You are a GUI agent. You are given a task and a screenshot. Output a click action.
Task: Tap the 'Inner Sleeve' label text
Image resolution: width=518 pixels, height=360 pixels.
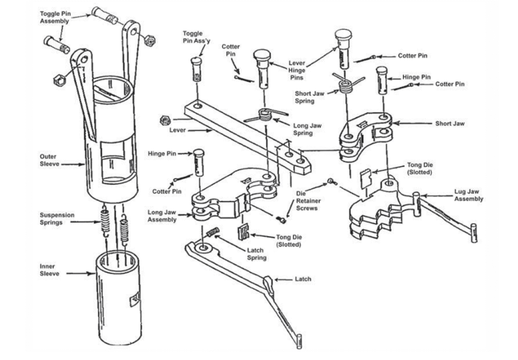[x=49, y=269]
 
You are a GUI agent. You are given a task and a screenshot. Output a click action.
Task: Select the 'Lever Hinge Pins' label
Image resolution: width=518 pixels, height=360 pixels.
[x=296, y=70]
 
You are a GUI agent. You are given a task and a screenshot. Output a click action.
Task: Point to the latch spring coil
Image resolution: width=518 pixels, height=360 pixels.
[x=213, y=233]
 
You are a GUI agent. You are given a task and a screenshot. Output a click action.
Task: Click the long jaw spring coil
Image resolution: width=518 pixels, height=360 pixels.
[x=265, y=115]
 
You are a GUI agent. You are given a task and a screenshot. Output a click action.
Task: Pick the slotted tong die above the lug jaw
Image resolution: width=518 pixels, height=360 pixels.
[x=366, y=178]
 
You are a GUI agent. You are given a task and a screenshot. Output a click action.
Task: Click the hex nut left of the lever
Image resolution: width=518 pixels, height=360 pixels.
[x=164, y=120]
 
